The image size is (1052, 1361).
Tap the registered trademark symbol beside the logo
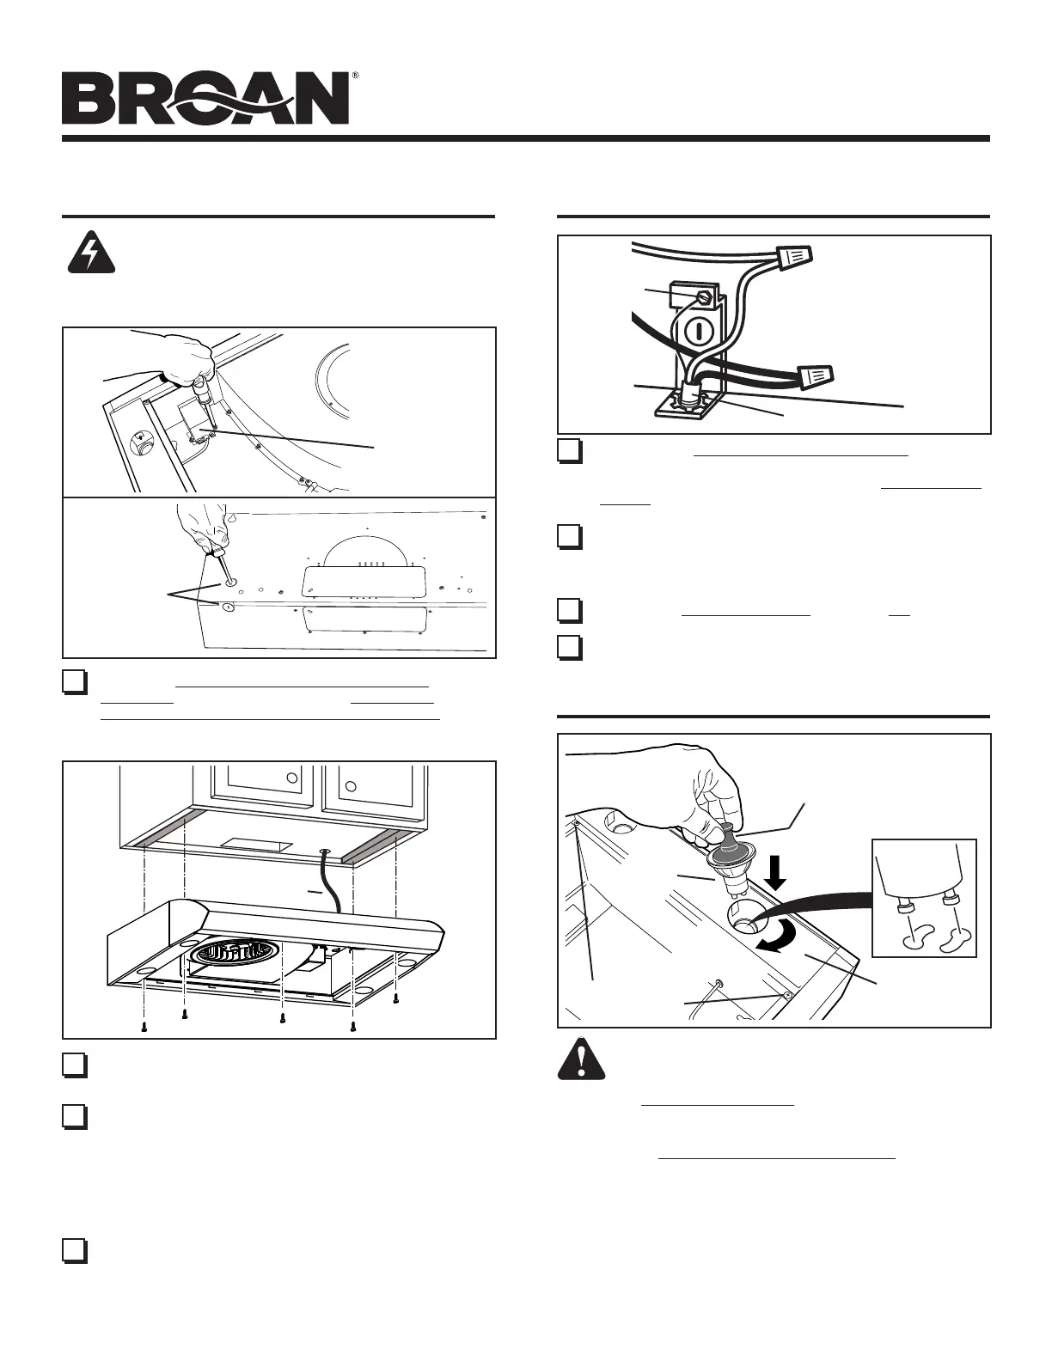coord(355,76)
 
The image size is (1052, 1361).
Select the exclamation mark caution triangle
coord(581,1060)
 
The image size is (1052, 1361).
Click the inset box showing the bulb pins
coord(924,897)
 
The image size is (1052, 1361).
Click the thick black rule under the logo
coord(525,137)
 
